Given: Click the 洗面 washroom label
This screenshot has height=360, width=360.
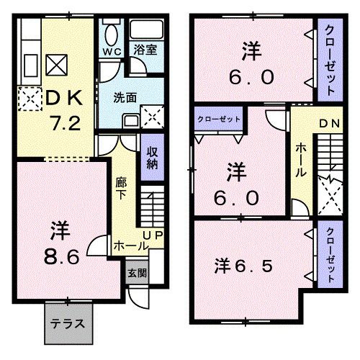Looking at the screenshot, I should tap(122, 98).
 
